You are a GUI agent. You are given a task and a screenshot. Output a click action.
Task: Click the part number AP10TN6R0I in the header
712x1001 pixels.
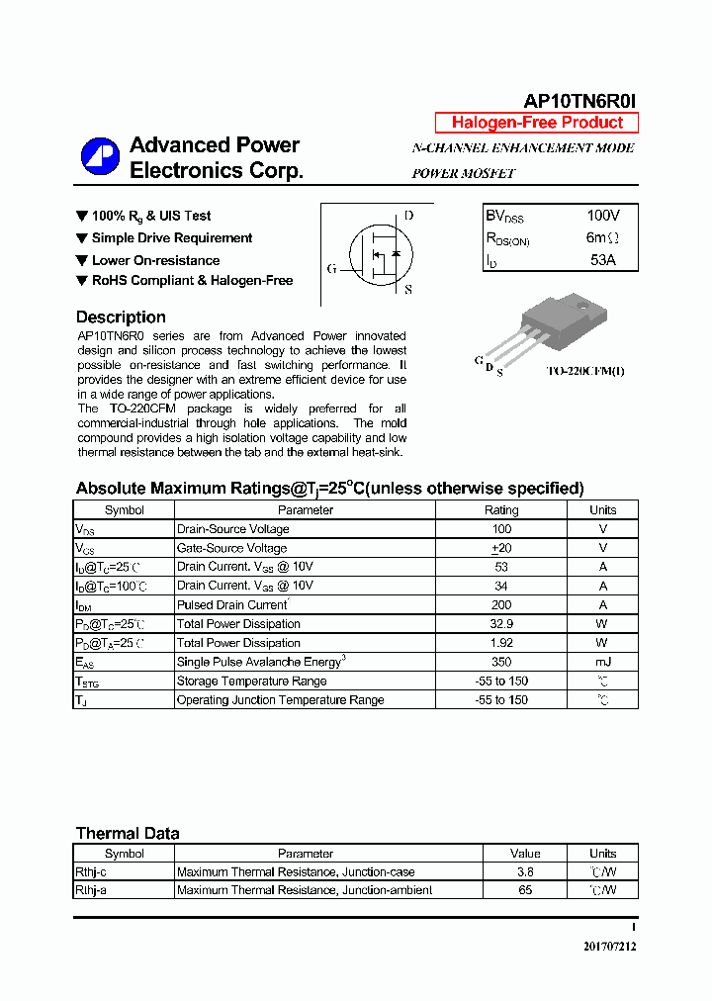[579, 101]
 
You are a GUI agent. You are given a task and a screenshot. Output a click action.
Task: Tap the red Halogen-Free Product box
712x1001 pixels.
[537, 123]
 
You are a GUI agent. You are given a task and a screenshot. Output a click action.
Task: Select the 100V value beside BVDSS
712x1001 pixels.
[602, 216]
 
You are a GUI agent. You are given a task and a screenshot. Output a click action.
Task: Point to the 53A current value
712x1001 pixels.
[602, 260]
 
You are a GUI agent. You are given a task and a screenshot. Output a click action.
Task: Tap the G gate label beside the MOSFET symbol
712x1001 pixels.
[332, 268]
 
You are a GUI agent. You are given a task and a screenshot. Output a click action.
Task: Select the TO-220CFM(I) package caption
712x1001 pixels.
[585, 371]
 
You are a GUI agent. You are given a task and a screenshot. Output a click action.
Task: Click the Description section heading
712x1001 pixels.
[121, 318]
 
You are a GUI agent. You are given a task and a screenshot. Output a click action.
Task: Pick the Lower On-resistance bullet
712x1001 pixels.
[155, 260]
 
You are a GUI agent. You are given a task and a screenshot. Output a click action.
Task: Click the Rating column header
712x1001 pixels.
[500, 510]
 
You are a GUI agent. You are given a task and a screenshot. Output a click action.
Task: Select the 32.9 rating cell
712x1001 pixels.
[500, 624]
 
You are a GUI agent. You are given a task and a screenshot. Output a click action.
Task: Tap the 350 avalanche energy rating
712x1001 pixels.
[500, 662]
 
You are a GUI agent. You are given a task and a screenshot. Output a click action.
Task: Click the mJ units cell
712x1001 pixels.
[602, 662]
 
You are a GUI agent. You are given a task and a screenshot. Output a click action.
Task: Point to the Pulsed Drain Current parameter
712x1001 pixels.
[232, 604]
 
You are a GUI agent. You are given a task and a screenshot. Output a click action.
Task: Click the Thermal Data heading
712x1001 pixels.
[128, 833]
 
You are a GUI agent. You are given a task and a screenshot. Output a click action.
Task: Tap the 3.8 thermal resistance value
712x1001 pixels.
[525, 872]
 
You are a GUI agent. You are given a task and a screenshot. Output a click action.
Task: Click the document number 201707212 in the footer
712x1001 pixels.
[609, 947]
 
